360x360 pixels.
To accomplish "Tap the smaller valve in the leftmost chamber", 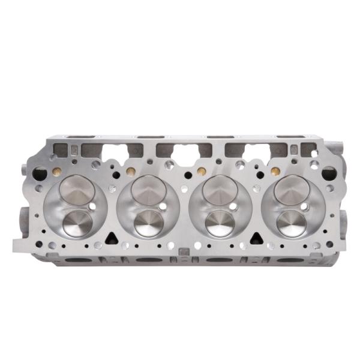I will click(78, 223).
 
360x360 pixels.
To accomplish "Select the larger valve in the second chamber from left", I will click(147, 190).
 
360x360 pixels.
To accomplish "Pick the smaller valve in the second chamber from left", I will click(149, 223).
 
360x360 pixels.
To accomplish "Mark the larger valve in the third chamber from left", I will click(218, 190).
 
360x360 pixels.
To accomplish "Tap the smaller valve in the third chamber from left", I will click(220, 223).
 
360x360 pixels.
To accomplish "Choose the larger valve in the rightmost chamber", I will click(289, 190).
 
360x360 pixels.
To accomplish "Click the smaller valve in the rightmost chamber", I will click(291, 223).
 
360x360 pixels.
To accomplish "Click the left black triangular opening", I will click(110, 238).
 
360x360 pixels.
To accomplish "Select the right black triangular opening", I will click(254, 238).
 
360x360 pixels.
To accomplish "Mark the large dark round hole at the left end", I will click(41, 174).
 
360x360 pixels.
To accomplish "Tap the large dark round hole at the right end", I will click(329, 174).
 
